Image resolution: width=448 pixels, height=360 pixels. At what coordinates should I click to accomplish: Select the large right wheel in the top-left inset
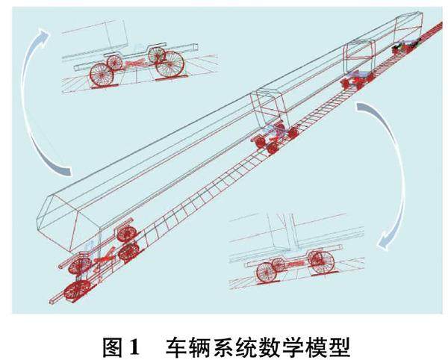[169, 64]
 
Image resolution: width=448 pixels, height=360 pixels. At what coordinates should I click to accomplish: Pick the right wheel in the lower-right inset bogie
[320, 261]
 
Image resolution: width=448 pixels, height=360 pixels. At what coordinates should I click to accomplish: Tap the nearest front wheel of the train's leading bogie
[76, 290]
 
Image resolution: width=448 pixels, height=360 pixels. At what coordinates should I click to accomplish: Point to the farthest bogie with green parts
[404, 46]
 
